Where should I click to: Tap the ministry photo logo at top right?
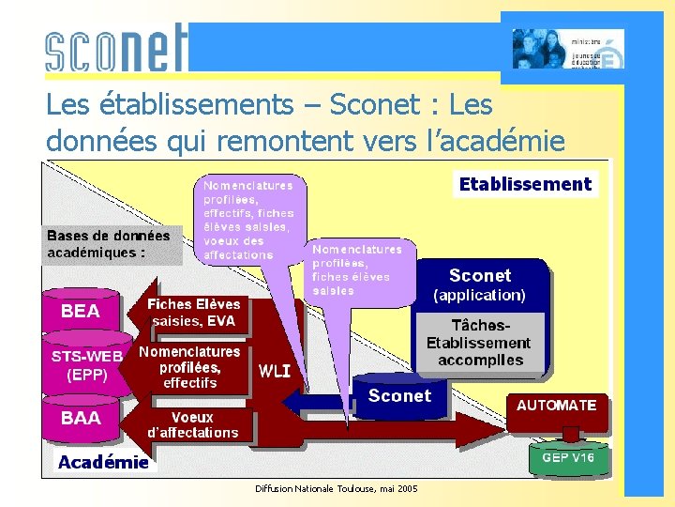tap(567, 49)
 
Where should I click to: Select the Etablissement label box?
tap(525, 185)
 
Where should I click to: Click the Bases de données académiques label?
tap(109, 244)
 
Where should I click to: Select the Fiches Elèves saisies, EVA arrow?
tap(193, 313)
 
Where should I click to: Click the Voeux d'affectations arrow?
tap(192, 424)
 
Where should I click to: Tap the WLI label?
tap(275, 371)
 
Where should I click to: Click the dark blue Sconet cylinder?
tap(399, 396)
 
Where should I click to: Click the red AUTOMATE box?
tap(556, 406)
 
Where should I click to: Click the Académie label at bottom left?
tap(103, 462)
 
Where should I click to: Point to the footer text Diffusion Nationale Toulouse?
tap(337, 489)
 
